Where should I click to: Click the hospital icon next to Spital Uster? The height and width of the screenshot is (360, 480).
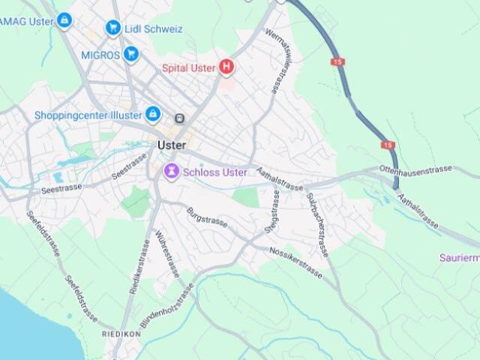pyautogui.click(x=226, y=67)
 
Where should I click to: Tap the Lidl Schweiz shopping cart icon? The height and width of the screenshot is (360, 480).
pyautogui.click(x=113, y=28)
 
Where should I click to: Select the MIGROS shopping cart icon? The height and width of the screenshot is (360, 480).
pyautogui.click(x=131, y=54)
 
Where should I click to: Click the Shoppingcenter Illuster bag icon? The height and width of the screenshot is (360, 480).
pyautogui.click(x=153, y=114)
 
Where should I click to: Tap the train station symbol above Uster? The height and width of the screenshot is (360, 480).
pyautogui.click(x=180, y=118)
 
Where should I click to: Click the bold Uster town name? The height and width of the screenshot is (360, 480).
pyautogui.click(x=172, y=145)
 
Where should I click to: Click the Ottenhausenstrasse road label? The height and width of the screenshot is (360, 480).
pyautogui.click(x=415, y=170)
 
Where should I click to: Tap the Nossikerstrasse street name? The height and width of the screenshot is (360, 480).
pyautogui.click(x=295, y=262)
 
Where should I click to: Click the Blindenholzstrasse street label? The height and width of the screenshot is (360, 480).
pyautogui.click(x=166, y=302)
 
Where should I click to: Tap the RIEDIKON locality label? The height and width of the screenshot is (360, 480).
pyautogui.click(x=121, y=333)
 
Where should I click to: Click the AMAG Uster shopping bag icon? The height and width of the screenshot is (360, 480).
pyautogui.click(x=64, y=20)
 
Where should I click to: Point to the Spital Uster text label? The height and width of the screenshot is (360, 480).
pyautogui.click(x=189, y=67)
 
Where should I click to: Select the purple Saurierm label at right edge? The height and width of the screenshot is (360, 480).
pyautogui.click(x=458, y=258)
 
